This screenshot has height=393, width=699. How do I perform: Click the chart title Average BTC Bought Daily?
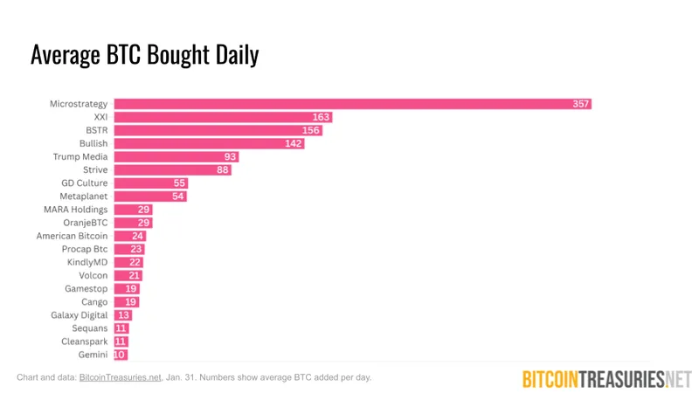(144, 55)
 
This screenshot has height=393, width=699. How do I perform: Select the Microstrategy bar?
(349, 103)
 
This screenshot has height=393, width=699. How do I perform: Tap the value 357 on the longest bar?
(581, 104)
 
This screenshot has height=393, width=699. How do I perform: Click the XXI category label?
(100, 117)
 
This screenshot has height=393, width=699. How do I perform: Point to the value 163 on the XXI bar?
(322, 117)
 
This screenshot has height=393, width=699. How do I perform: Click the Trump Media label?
(80, 156)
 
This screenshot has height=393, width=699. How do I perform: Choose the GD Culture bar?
(150, 183)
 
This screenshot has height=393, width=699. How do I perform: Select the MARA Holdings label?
(76, 210)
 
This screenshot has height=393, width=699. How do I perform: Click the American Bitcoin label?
(72, 236)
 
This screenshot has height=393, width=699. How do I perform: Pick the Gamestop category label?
(86, 288)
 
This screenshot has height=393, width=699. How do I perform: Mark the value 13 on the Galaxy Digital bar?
(124, 315)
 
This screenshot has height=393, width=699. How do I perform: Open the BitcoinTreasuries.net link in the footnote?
(121, 378)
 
